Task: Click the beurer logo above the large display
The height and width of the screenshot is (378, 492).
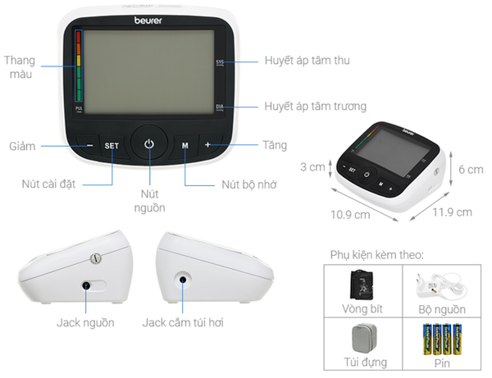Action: click(x=148, y=20)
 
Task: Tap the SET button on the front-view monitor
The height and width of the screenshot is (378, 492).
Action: click(x=112, y=146)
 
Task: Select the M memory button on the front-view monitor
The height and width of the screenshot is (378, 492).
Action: click(x=185, y=146)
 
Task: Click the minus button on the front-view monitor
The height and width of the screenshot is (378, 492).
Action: click(x=89, y=145)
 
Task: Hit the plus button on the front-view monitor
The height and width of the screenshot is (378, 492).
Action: click(x=207, y=144)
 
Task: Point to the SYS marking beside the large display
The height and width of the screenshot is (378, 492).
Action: click(x=220, y=63)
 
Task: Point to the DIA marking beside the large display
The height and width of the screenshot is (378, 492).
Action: click(x=220, y=107)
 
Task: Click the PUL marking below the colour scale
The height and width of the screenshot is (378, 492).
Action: click(x=79, y=109)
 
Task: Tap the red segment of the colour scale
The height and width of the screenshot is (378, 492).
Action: click(x=79, y=37)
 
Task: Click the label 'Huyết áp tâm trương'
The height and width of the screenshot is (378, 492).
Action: click(x=315, y=106)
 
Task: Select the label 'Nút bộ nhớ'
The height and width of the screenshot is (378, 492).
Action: click(x=249, y=184)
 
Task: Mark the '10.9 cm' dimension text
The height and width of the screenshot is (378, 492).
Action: click(x=350, y=215)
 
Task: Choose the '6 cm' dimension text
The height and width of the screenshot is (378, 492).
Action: click(x=471, y=170)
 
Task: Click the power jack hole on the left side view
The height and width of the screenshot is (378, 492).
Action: click(x=85, y=286)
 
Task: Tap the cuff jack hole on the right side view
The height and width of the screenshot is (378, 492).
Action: click(x=183, y=280)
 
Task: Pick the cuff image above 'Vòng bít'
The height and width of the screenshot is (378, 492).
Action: click(x=362, y=285)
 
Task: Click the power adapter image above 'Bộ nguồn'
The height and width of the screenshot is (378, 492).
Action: click(x=441, y=286)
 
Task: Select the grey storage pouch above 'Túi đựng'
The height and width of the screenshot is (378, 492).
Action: click(x=364, y=339)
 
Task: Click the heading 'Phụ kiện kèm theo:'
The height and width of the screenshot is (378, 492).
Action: click(x=377, y=255)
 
